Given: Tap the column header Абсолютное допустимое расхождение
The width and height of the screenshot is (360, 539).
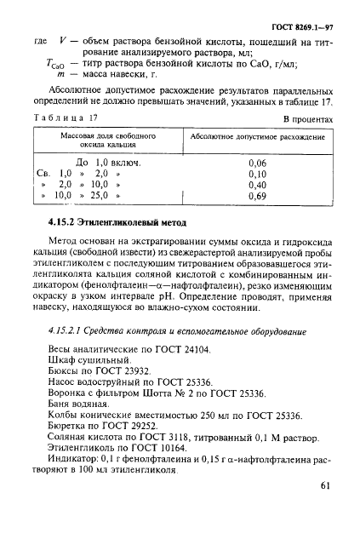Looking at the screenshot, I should coord(259,136).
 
